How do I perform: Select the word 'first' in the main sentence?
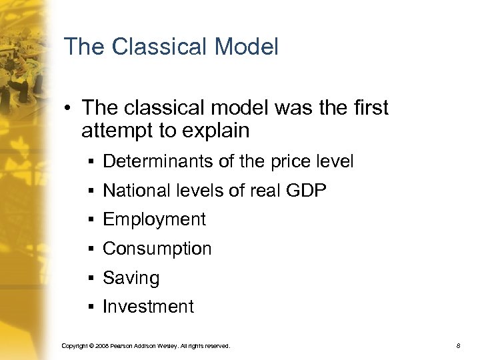click(x=365, y=108)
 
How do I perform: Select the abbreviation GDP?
click(x=307, y=190)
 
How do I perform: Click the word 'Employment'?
click(x=154, y=219)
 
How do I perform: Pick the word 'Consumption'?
click(x=157, y=249)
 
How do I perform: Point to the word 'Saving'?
click(x=131, y=278)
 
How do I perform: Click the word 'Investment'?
click(x=148, y=307)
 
